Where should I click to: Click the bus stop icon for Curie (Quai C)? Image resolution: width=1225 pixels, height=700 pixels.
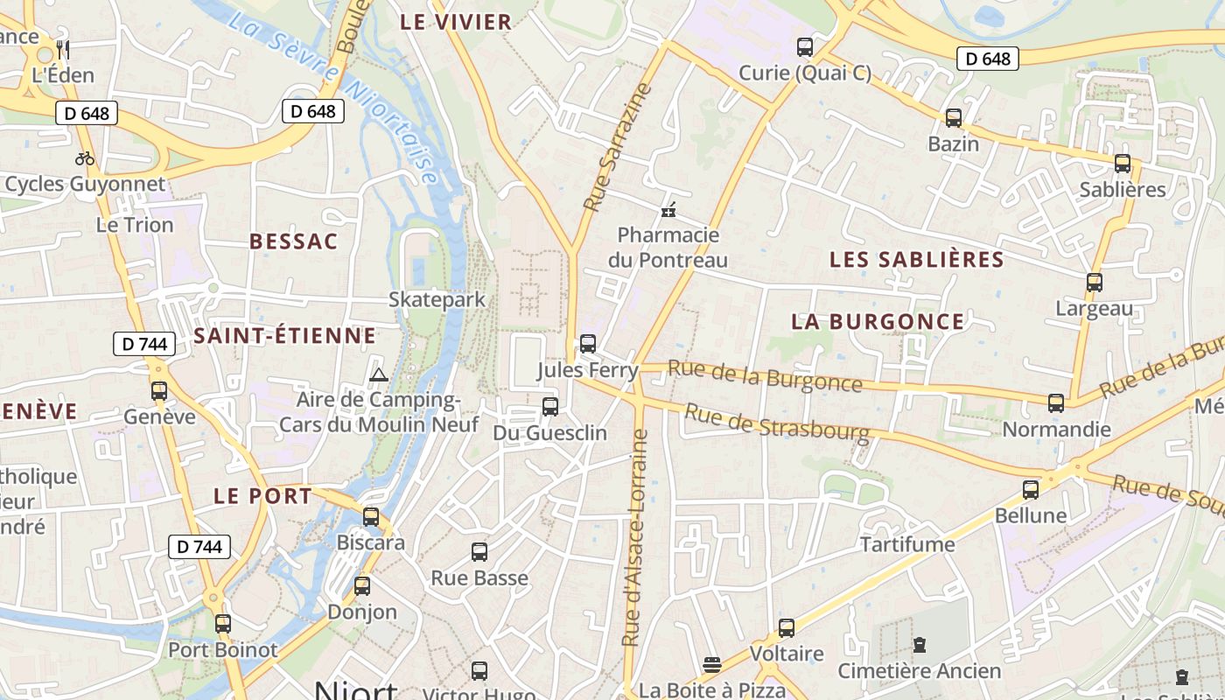pyautogui.click(x=804, y=47)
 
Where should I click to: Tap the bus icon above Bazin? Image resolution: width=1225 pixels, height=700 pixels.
pyautogui.click(x=953, y=118)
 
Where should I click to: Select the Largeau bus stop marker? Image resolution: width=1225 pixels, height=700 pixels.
pyautogui.click(x=1094, y=283)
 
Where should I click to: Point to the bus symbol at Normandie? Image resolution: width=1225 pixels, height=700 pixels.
pyautogui.click(x=1056, y=403)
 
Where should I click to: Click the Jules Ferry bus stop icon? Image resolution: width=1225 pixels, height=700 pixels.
pyautogui.click(x=588, y=344)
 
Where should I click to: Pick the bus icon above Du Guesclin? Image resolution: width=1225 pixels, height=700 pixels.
pyautogui.click(x=549, y=407)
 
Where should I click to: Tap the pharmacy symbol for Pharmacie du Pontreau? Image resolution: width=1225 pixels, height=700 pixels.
pyautogui.click(x=668, y=210)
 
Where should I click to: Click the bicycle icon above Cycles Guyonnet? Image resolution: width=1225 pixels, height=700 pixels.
pyautogui.click(x=85, y=158)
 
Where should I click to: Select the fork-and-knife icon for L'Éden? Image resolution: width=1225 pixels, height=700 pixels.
pyautogui.click(x=62, y=49)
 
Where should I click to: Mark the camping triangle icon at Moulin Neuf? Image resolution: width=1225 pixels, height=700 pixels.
pyautogui.click(x=378, y=375)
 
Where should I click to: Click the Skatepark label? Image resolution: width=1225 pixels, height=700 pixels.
pyautogui.click(x=437, y=300)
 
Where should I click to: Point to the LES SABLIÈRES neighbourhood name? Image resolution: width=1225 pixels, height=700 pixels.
pyautogui.click(x=916, y=260)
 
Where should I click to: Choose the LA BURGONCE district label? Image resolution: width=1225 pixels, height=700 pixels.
pyautogui.click(x=877, y=322)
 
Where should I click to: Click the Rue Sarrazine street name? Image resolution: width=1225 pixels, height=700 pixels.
pyautogui.click(x=619, y=147)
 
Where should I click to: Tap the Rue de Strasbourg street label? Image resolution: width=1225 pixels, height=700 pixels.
pyautogui.click(x=776, y=420)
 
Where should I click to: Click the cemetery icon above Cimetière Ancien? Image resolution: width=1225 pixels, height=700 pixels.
pyautogui.click(x=919, y=646)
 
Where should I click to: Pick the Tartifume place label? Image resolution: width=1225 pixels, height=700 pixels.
pyautogui.click(x=907, y=545)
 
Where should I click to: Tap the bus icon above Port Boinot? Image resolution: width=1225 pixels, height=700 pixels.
pyautogui.click(x=223, y=624)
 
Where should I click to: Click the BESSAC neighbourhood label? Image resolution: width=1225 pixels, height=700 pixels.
pyautogui.click(x=293, y=242)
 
